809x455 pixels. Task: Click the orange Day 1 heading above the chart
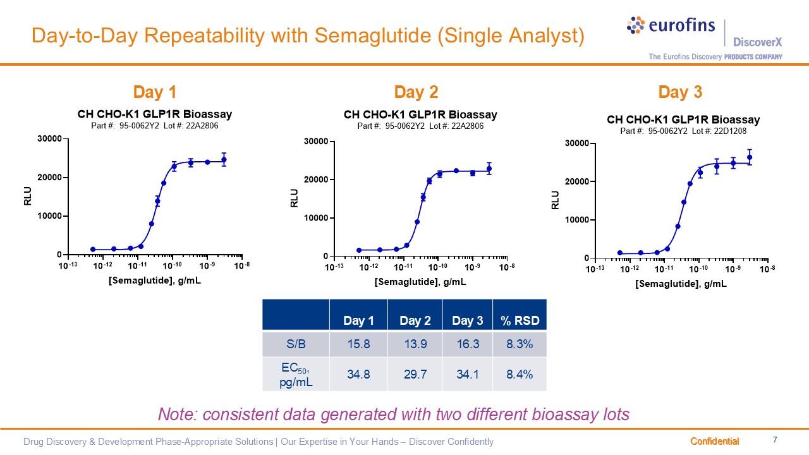(155, 92)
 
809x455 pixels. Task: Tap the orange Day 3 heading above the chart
(680, 92)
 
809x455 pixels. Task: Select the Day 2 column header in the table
(415, 321)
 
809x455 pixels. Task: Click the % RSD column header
(520, 321)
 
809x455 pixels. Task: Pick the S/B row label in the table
(296, 344)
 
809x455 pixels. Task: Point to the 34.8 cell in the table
(358, 374)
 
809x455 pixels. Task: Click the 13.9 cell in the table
(415, 344)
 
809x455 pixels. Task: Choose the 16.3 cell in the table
(467, 344)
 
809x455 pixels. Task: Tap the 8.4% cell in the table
(520, 374)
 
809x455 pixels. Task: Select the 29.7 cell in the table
(415, 374)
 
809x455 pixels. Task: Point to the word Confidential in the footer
(714, 441)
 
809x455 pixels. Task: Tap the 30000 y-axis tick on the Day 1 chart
(50, 138)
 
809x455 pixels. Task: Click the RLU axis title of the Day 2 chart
(294, 200)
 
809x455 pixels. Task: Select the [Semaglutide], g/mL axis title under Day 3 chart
(681, 284)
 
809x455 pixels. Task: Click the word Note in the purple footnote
(176, 415)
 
